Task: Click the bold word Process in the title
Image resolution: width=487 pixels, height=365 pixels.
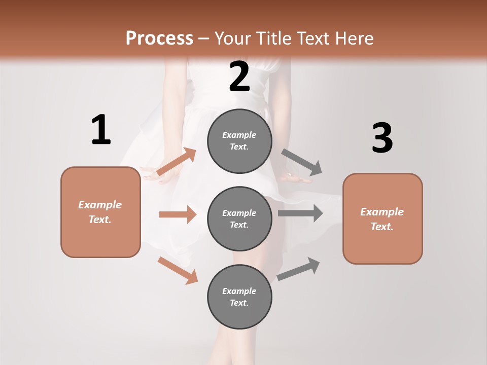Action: [159, 38]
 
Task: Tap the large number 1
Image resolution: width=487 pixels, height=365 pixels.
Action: [101, 130]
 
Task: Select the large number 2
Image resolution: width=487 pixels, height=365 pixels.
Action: [239, 77]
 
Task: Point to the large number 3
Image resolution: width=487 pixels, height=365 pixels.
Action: [382, 138]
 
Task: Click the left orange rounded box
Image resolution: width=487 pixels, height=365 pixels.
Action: [100, 212]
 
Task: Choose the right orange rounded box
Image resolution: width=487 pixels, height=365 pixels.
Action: [382, 218]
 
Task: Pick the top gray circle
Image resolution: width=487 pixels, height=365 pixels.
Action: [239, 141]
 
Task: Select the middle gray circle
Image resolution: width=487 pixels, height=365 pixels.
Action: [239, 218]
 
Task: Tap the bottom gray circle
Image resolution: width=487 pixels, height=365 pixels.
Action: [239, 297]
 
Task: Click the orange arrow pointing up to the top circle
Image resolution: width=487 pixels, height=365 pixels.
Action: [177, 162]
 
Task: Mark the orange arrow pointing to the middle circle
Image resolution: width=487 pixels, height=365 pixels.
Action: [178, 214]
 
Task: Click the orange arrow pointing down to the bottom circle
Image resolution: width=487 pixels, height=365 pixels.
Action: [178, 270]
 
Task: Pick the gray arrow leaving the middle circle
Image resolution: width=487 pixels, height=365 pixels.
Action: [300, 213]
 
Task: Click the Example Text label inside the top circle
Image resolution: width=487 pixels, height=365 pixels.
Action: [239, 141]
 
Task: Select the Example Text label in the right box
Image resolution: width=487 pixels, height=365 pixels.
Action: [382, 219]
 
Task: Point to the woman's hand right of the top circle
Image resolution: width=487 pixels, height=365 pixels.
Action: [297, 178]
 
